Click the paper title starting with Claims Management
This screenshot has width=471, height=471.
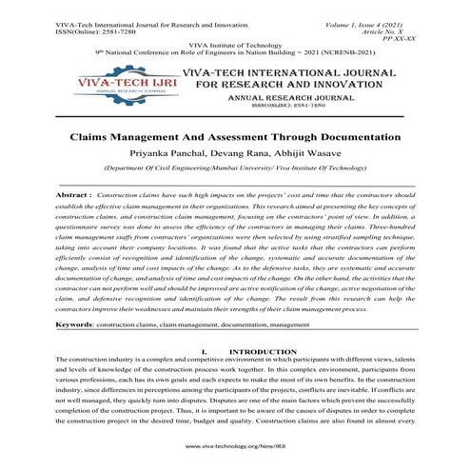tap(235, 137)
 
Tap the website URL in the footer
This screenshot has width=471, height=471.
tap(236, 445)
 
